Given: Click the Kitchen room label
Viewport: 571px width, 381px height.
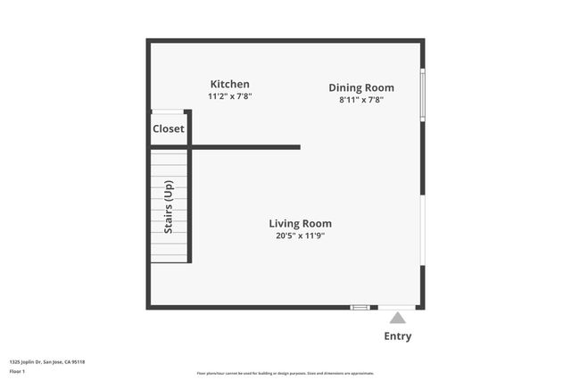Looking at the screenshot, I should coord(229,84).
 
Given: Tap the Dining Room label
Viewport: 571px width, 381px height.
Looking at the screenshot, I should coord(360,87).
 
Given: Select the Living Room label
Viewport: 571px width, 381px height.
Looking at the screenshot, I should coord(301,224).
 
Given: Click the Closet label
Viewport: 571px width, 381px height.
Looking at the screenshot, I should coord(169,128).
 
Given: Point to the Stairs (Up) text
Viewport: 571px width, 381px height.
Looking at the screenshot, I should coord(168,207).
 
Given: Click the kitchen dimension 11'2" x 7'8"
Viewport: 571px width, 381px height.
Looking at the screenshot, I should coord(229,96).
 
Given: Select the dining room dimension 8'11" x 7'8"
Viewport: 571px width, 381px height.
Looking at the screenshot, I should coord(360,100).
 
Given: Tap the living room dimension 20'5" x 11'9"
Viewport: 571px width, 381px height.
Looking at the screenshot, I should coord(301,236).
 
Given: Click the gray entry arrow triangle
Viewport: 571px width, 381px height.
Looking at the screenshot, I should coord(397,317).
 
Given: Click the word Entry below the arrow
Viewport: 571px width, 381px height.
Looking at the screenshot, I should coord(397,336).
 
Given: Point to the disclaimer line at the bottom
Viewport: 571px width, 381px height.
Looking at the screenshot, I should coord(285,373).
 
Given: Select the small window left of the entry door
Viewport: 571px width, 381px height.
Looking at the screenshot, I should coord(360,308).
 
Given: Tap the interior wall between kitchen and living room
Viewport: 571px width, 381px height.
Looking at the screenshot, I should coord(245,147).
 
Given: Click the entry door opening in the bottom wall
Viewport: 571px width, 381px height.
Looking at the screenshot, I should coord(397,308).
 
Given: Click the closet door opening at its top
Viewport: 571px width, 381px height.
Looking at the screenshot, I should coord(168,112).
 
